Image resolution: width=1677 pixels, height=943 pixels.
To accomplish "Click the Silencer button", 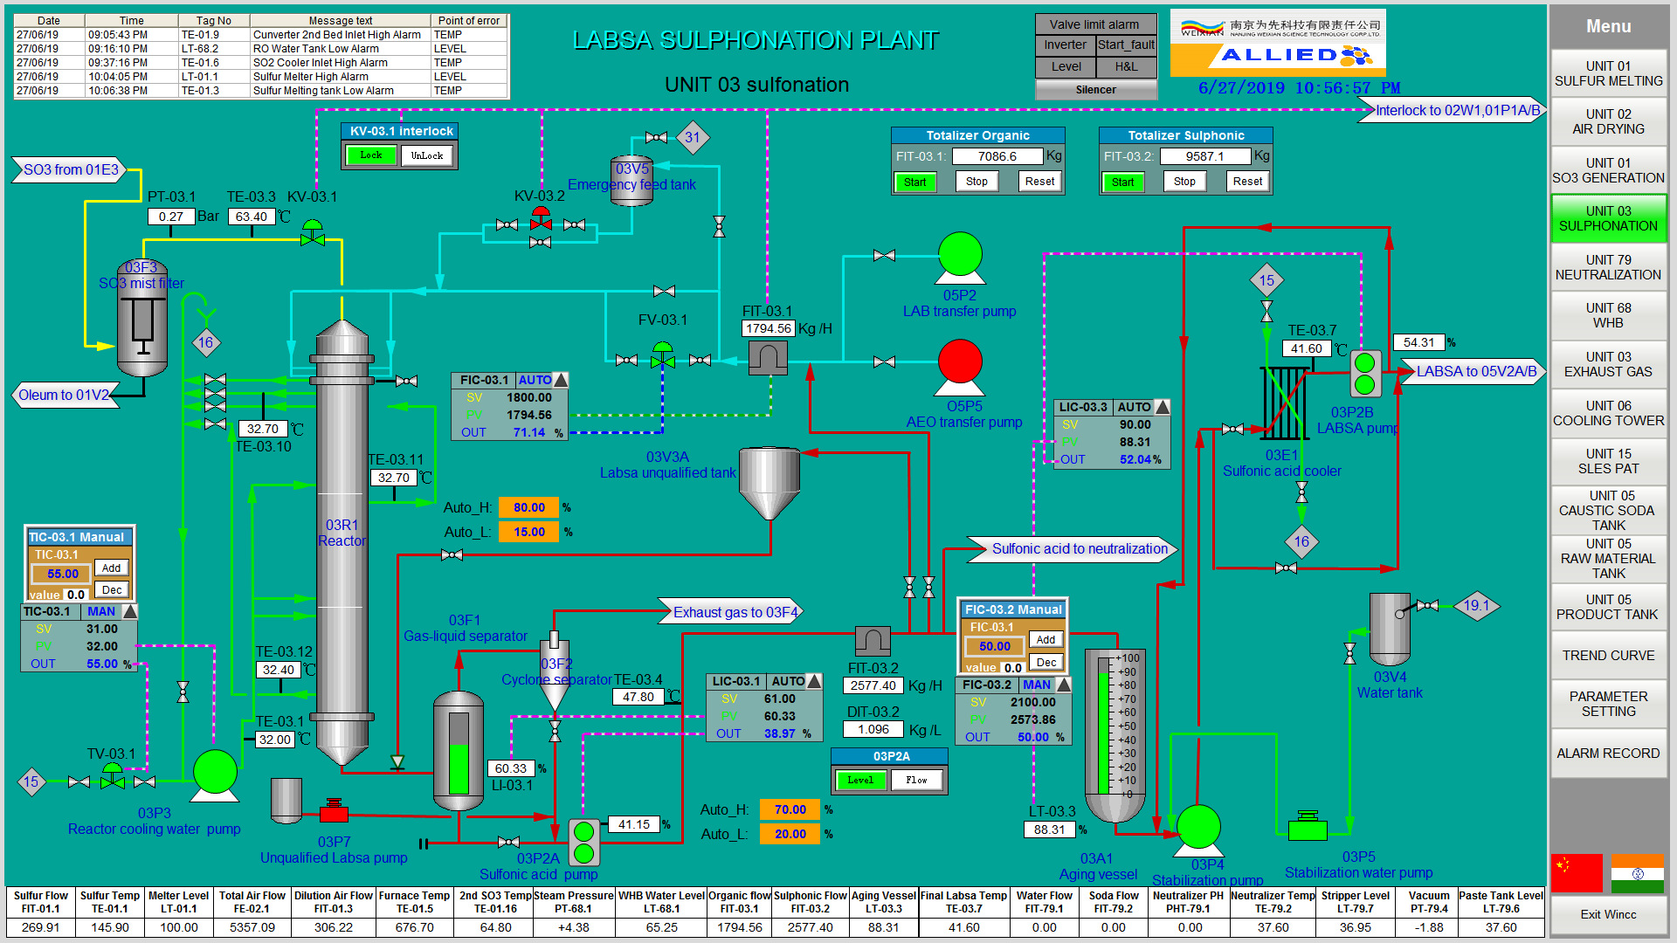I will pyautogui.click(x=1095, y=90).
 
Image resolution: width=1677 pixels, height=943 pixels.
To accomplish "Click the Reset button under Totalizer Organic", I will pyautogui.click(x=1039, y=182).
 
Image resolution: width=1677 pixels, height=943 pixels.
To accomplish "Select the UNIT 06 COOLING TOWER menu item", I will pyautogui.click(x=1608, y=413).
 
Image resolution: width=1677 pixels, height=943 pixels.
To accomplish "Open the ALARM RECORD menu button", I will pyautogui.click(x=1608, y=753).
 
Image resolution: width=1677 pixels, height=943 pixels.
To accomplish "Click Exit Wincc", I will pyautogui.click(x=1608, y=914).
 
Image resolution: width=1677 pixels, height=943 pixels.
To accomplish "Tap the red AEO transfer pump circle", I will pyautogui.click(x=960, y=361).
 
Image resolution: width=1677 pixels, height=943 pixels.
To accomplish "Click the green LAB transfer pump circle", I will pyautogui.click(x=960, y=254).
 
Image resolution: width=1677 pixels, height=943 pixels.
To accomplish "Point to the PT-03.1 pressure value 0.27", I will pyautogui.click(x=171, y=217).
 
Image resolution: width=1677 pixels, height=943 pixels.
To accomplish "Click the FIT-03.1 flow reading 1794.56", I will pyautogui.click(x=768, y=328).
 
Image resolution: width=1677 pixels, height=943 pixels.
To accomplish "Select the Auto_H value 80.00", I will pyautogui.click(x=528, y=507).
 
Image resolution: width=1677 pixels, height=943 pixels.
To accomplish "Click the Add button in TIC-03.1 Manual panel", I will pyautogui.click(x=111, y=568).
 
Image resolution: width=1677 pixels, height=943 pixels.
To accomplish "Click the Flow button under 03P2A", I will pyautogui.click(x=916, y=780).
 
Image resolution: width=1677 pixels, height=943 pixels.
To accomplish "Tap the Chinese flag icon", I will pyautogui.click(x=1577, y=872).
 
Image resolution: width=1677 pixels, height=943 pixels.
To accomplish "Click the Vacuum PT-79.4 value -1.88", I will pyautogui.click(x=1429, y=927).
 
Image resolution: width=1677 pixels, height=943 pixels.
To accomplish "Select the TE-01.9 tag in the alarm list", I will pyautogui.click(x=200, y=35).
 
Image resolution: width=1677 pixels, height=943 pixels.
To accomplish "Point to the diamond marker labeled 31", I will pyautogui.click(x=693, y=137).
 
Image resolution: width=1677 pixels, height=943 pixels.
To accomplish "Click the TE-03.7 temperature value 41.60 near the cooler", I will pyautogui.click(x=1306, y=348).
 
